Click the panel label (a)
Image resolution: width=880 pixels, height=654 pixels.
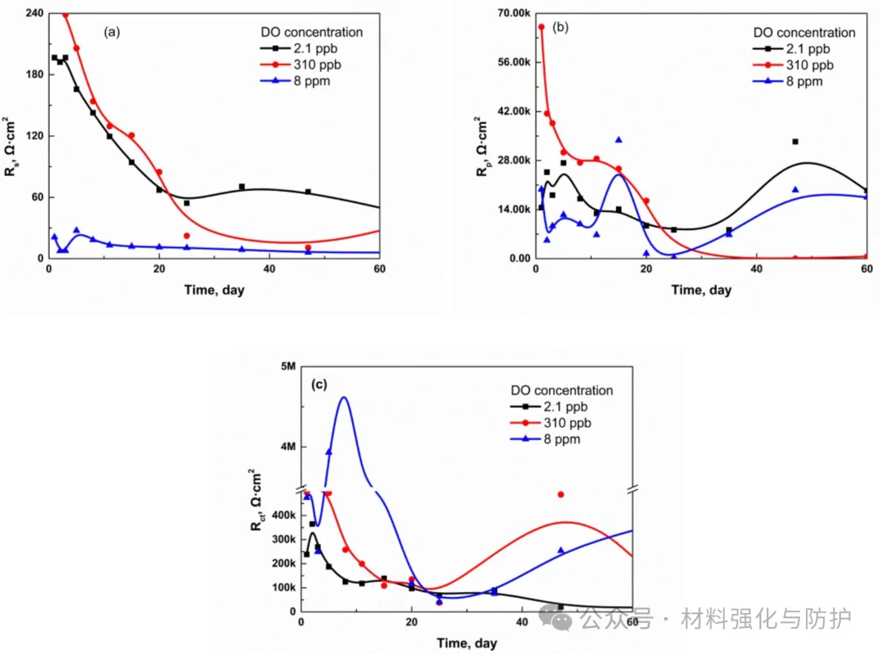[x=112, y=33]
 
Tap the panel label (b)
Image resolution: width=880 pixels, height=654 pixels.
[x=561, y=27]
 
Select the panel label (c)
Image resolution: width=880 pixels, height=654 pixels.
[x=319, y=385]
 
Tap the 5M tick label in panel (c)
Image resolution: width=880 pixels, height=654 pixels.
[x=287, y=366]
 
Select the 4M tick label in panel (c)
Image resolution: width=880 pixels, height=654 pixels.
[x=287, y=447]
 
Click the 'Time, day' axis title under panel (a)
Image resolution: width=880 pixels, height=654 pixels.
[x=213, y=289]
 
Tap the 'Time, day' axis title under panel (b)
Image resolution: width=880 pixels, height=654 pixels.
[x=701, y=289]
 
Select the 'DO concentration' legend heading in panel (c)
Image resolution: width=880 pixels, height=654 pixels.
[x=561, y=391]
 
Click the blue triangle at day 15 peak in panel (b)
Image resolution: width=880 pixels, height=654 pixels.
[x=618, y=140]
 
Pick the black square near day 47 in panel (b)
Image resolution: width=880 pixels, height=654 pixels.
[x=795, y=142]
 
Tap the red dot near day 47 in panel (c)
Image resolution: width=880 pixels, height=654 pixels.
[x=561, y=494]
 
